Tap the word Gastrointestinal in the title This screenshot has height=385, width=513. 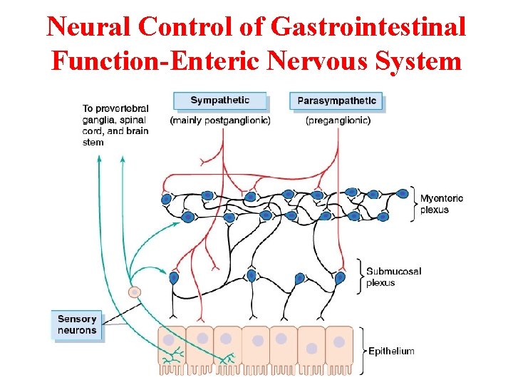pyautogui.click(x=368, y=27)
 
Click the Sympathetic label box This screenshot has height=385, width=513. pyautogui.click(x=220, y=101)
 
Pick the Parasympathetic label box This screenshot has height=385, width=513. pyautogui.click(x=336, y=101)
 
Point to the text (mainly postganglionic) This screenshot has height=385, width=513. pyautogui.click(x=220, y=120)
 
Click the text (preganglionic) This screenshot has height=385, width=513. pyautogui.click(x=338, y=120)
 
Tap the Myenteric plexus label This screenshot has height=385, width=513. pyautogui.click(x=441, y=204)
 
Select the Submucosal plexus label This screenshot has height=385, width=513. pyautogui.click(x=393, y=277)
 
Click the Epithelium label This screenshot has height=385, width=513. pyautogui.click(x=391, y=351)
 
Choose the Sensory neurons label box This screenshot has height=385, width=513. pyautogui.click(x=77, y=325)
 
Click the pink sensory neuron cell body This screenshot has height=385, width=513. pyautogui.click(x=134, y=292)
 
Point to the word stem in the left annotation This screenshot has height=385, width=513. pyautogui.click(x=93, y=143)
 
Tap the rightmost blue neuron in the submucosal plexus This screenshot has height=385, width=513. pyautogui.click(x=340, y=278)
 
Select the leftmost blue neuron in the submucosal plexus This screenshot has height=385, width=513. pyautogui.click(x=174, y=277)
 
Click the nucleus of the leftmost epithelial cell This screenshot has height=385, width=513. pyautogui.click(x=168, y=340)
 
